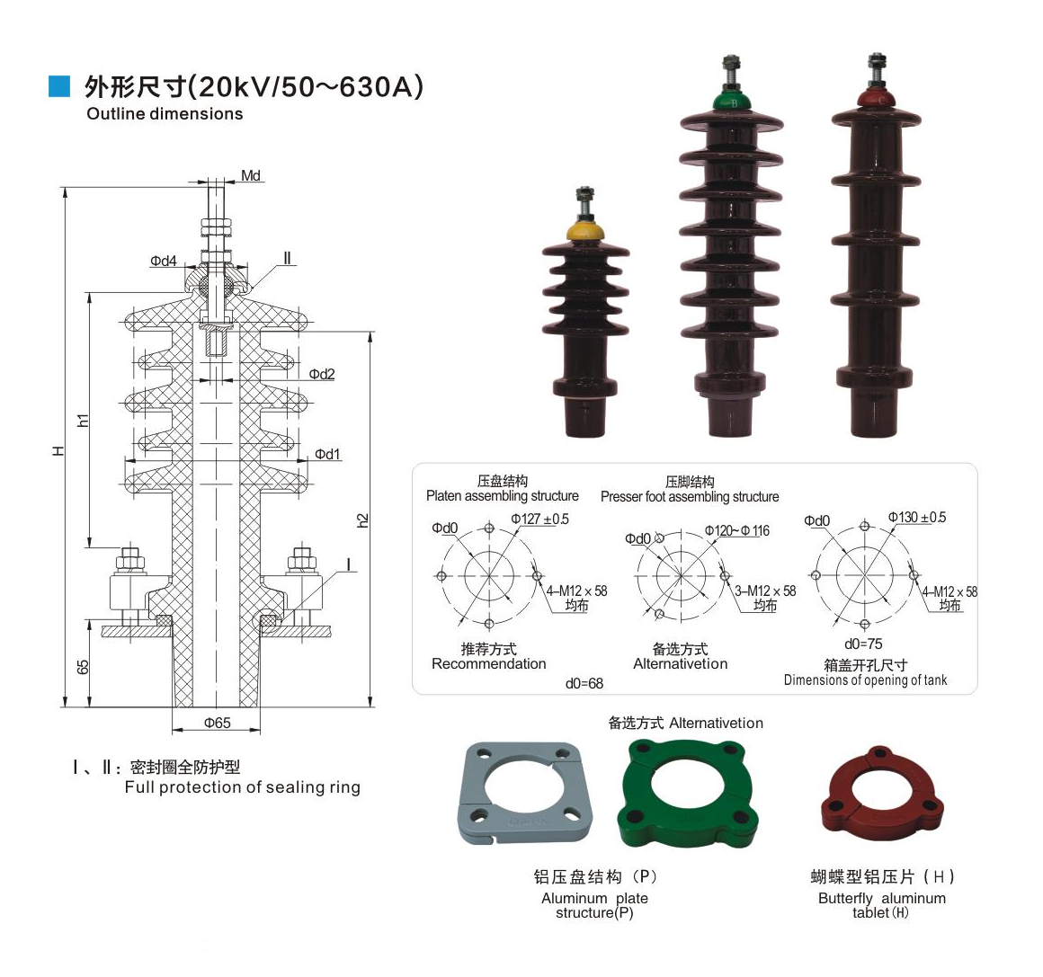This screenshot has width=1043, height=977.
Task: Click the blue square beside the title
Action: click(58, 85)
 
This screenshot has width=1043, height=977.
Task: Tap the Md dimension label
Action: click(251, 175)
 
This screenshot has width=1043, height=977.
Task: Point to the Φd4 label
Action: click(164, 262)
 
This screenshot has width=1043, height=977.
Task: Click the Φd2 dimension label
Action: click(321, 374)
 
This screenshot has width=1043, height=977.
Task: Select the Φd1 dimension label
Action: click(327, 454)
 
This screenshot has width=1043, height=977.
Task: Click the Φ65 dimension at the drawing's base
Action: click(217, 723)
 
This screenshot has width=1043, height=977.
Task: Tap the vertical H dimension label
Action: click(58, 449)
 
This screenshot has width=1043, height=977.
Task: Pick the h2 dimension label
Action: click(362, 520)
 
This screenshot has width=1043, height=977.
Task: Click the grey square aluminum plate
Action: click(516, 792)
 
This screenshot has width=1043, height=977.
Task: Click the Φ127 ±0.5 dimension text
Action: click(540, 519)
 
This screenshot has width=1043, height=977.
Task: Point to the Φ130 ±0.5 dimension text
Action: click(917, 517)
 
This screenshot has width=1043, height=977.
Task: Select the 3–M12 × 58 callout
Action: click(765, 591)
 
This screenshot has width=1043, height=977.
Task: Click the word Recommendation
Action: click(488, 664)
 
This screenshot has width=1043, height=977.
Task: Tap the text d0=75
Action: click(863, 644)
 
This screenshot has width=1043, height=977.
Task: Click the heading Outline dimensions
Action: click(165, 114)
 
